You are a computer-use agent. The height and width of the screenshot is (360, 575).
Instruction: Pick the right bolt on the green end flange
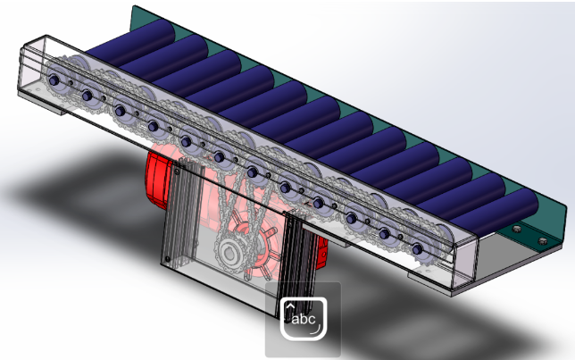pyautogui.click(x=542, y=239)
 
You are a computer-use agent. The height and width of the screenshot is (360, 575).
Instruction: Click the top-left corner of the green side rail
pyautogui.click(x=134, y=9)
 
